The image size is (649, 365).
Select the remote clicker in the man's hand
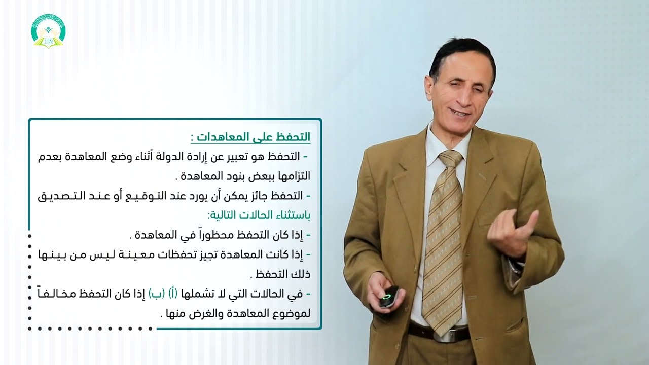click(388, 297)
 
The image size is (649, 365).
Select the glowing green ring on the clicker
click(389, 294)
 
